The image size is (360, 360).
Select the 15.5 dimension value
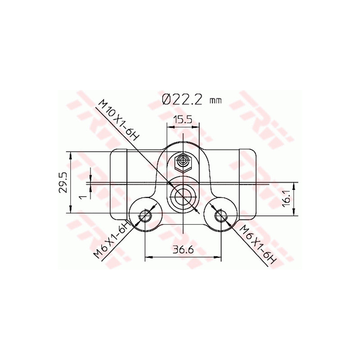(x=183, y=120)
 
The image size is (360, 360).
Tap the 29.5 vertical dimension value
(x=63, y=182)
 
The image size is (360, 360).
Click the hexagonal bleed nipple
(x=183, y=161)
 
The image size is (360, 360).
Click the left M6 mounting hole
(x=144, y=216)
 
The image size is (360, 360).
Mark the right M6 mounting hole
(x=220, y=216)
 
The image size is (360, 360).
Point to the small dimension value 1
(x=81, y=197)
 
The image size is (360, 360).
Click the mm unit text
(x=216, y=101)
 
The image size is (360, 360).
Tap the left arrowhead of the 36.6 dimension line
(x=147, y=257)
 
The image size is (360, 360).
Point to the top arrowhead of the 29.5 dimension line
(x=70, y=154)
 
